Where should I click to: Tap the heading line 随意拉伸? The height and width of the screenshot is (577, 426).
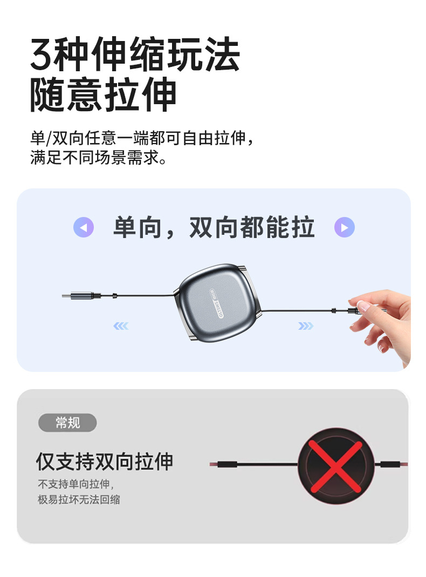[x=104, y=95]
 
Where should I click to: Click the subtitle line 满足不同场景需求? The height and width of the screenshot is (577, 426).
[x=98, y=158]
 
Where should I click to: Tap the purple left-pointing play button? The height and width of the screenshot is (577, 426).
[x=84, y=227]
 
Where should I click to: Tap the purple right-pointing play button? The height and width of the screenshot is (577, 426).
[x=345, y=227]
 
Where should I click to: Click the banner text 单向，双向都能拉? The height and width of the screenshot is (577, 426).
[x=214, y=227]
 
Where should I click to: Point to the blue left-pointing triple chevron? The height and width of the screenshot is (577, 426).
[x=121, y=326]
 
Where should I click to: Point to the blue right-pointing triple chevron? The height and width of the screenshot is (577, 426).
[x=306, y=326]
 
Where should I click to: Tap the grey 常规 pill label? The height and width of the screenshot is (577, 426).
[x=67, y=423]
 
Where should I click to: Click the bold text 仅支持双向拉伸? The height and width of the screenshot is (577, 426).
[x=105, y=461]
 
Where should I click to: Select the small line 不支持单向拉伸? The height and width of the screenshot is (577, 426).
[x=75, y=484]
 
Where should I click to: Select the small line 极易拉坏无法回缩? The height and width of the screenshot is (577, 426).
[x=79, y=500]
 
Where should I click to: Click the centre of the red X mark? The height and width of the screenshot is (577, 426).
[x=335, y=466]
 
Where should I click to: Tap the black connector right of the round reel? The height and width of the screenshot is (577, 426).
[x=389, y=464]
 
